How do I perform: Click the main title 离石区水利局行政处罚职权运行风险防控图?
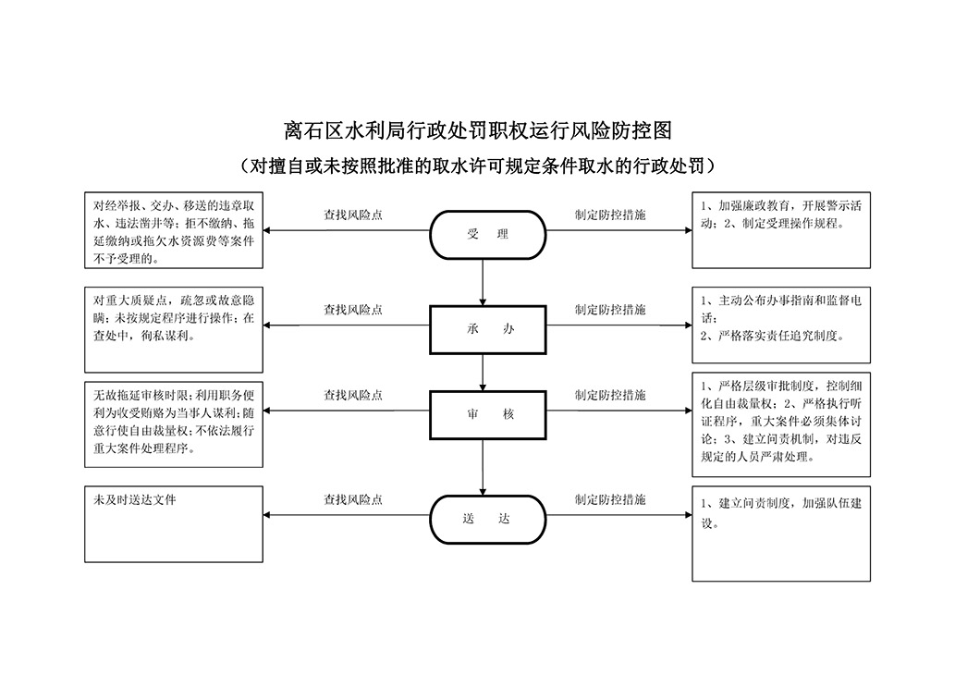pyautogui.click(x=477, y=130)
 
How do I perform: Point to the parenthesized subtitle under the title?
pyautogui.click(x=477, y=166)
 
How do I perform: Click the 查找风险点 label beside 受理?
pyautogui.click(x=353, y=215)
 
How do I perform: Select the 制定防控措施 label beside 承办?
pyautogui.click(x=610, y=310)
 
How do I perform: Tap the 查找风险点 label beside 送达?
pyautogui.click(x=353, y=500)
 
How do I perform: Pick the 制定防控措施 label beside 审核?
pyautogui.click(x=610, y=396)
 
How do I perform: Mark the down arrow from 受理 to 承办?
pyautogui.click(x=483, y=282)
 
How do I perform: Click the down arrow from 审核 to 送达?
pyautogui.click(x=483, y=467)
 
